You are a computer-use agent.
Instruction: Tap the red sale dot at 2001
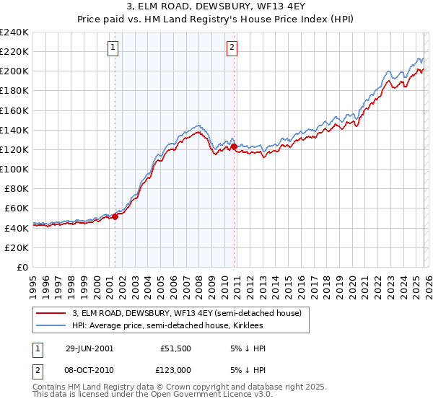pyautogui.click(x=115, y=216)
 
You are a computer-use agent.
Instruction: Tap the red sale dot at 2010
pyautogui.click(x=234, y=146)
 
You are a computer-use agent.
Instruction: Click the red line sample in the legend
pyautogui.click(x=51, y=313)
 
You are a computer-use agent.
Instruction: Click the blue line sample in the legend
pyautogui.click(x=51, y=325)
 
